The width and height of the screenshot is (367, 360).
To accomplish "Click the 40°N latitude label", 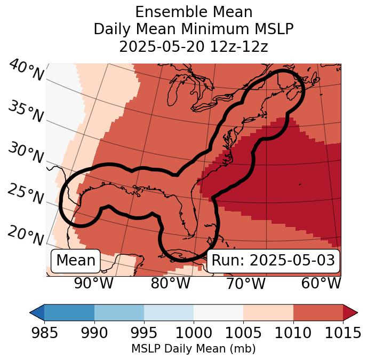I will coord(26,71).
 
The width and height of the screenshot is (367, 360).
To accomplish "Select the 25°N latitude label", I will coord(26,194).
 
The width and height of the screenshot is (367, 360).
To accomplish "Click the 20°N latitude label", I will coord(26,235).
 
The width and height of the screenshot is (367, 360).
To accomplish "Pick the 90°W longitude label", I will coord(94,283).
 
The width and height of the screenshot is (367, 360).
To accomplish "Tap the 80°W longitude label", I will coord(170,283).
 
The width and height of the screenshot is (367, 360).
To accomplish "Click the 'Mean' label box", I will coord(76,261).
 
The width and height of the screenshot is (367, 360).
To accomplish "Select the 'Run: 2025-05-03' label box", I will coord(273,261).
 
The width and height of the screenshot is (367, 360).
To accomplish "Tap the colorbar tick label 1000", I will coord(193,333).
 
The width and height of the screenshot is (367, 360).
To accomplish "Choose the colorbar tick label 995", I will coord(143,333).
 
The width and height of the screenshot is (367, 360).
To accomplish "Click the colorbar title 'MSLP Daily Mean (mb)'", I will coord(193,349).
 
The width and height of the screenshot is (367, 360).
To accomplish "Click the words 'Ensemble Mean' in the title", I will coord(193,12).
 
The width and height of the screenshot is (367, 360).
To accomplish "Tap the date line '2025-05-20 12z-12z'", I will coord(193,46).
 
